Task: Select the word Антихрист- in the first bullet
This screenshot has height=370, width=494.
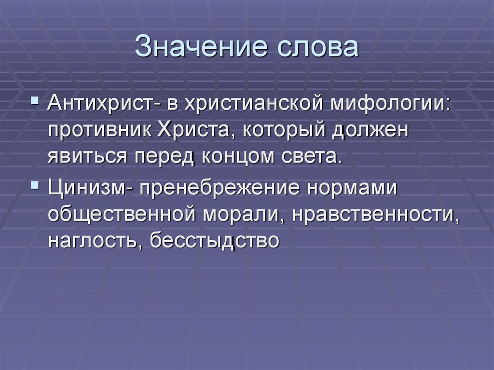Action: (102, 103)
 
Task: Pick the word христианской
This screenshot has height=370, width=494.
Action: (243, 103)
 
